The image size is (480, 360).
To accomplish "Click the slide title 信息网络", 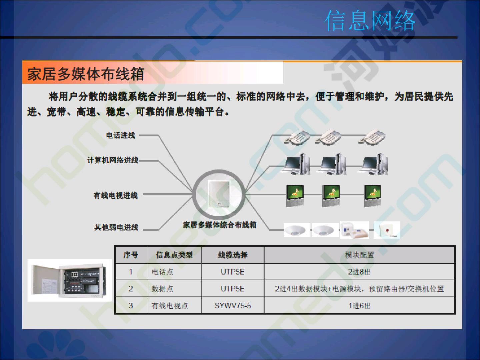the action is pyautogui.click(x=370, y=21).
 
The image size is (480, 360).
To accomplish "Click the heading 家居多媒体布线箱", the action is pyautogui.click(x=86, y=74).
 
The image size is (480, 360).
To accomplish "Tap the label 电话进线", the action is pyautogui.click(x=120, y=136).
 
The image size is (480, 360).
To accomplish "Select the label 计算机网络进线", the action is pyautogui.click(x=113, y=160).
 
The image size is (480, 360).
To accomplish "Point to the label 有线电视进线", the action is pyautogui.click(x=115, y=195).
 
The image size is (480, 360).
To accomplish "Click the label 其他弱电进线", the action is pyautogui.click(x=116, y=227).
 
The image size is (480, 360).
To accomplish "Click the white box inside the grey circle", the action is pyautogui.click(x=218, y=194).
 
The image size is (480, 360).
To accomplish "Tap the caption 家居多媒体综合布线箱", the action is pyautogui.click(x=220, y=225).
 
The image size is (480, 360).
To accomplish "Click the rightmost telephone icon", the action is pyautogui.click(x=372, y=137).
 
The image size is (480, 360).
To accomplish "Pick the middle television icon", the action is pyautogui.click(x=331, y=196).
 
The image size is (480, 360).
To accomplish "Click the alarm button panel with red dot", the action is pyautogui.click(x=387, y=230).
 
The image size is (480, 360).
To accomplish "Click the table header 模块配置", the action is pyautogui.click(x=360, y=255).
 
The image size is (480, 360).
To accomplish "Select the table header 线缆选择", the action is pyautogui.click(x=233, y=255).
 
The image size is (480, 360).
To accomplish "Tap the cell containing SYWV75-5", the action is pyautogui.click(x=233, y=306).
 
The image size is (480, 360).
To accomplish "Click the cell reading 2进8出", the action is pyautogui.click(x=360, y=272).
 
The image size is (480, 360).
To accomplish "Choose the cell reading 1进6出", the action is pyautogui.click(x=360, y=306).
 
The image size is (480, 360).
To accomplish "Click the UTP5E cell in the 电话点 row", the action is pyautogui.click(x=233, y=272).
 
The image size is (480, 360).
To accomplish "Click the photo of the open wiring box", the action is pyautogui.click(x=70, y=280).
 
